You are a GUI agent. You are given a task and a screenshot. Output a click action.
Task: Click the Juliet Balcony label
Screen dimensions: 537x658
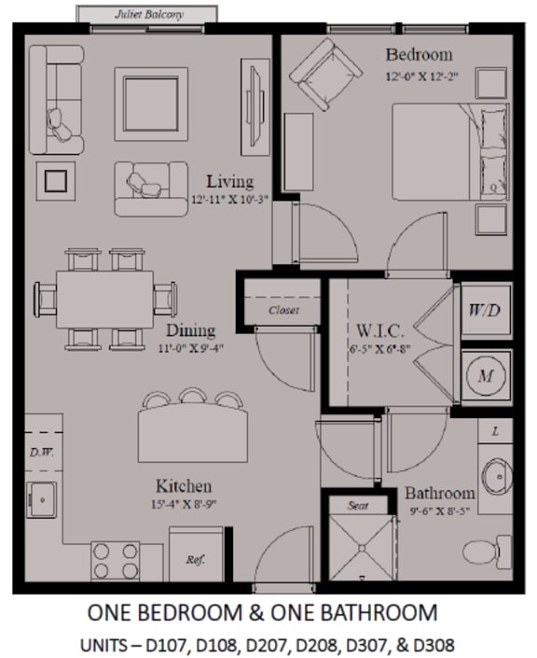tap(149, 15)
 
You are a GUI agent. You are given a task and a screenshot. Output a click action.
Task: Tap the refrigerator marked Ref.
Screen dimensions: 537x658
tap(196, 553)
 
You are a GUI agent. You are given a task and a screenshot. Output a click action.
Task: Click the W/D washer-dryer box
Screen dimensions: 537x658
tap(486, 311)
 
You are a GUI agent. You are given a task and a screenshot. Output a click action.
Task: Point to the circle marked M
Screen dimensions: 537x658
tap(486, 375)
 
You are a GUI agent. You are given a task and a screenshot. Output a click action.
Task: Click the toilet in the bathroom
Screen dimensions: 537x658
tap(488, 552)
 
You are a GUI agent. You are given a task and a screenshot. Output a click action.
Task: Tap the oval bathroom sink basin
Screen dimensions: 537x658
tap(497, 477)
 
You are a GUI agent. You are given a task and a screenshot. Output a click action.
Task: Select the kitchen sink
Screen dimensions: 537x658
tap(42, 499)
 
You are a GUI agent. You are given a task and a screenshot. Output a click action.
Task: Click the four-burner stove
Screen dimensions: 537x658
tap(116, 561)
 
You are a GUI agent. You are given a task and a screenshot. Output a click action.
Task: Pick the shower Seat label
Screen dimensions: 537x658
tap(358, 506)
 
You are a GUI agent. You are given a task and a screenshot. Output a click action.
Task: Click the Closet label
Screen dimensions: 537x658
tap(283, 310)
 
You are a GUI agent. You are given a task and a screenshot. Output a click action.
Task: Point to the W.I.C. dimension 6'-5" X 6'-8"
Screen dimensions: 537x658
tap(379, 349)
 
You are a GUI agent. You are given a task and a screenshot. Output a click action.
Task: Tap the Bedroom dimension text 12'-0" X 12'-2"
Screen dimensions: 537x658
tap(421, 77)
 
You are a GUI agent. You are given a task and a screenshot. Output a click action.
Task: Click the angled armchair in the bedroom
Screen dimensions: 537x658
tap(325, 75)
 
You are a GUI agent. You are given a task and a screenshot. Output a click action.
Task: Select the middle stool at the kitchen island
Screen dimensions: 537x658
tap(193, 395)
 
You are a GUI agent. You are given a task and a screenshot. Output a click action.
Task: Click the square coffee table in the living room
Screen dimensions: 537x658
tap(151, 105)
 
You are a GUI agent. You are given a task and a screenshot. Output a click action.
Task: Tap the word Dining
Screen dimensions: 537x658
tap(191, 330)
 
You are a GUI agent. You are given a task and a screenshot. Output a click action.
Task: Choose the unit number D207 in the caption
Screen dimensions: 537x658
tap(268, 645)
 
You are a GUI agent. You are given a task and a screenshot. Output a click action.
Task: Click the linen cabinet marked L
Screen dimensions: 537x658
tap(495, 430)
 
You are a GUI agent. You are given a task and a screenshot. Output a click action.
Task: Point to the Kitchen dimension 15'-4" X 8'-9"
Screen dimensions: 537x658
tap(184, 504)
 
